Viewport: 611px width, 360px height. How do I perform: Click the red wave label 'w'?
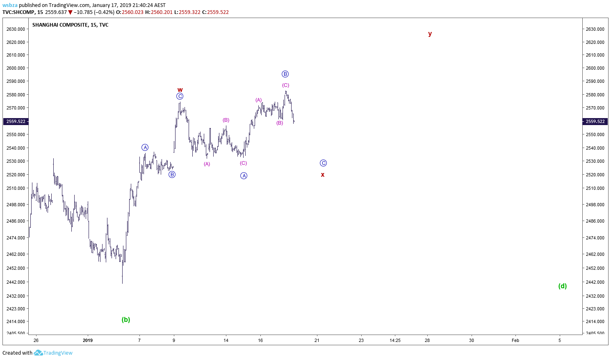(180, 90)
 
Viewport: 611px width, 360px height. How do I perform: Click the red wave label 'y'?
(430, 34)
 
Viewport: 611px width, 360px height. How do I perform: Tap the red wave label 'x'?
(323, 175)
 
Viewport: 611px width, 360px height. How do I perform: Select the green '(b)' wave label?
(126, 319)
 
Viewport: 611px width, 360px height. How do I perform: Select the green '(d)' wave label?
(563, 286)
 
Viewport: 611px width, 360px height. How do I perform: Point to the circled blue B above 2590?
(285, 74)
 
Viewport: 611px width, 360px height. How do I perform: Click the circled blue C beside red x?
(323, 163)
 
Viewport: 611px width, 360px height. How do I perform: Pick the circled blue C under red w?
(180, 96)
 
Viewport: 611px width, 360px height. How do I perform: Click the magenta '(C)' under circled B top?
(285, 85)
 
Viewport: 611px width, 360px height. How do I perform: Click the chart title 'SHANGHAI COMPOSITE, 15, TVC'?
(71, 25)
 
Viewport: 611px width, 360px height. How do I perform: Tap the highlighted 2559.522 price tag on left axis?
(16, 121)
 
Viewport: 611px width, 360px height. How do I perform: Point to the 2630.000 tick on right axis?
(595, 29)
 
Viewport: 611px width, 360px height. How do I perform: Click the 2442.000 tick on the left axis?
(16, 282)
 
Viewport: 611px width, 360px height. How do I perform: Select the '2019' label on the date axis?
(88, 340)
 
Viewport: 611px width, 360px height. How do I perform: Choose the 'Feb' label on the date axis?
(515, 340)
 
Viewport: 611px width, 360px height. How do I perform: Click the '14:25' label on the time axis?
(395, 340)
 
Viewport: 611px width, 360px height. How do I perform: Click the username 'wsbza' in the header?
(10, 5)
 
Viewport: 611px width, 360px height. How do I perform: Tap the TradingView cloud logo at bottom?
(38, 353)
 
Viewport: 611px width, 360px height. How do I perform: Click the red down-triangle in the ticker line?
(71, 12)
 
